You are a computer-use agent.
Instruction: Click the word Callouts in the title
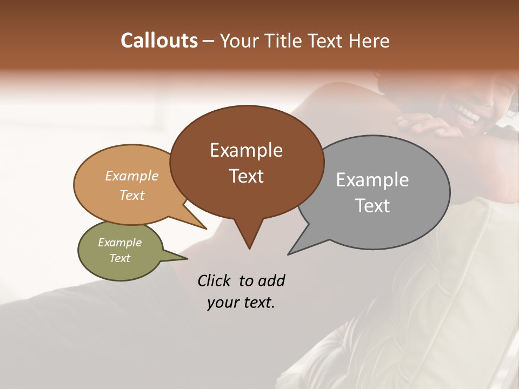[159, 41]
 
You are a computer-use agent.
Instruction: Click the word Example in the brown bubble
[246, 150]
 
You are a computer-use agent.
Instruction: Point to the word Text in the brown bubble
[246, 176]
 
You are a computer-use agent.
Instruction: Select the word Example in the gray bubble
[372, 179]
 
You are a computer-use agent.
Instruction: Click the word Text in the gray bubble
[372, 205]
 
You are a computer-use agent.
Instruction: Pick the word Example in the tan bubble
[132, 176]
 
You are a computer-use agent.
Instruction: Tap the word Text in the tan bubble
[132, 195]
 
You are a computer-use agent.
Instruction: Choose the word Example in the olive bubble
[120, 243]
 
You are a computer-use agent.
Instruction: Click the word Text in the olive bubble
[120, 258]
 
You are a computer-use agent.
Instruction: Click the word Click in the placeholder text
[215, 280]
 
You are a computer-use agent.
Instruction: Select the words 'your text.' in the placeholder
[241, 303]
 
